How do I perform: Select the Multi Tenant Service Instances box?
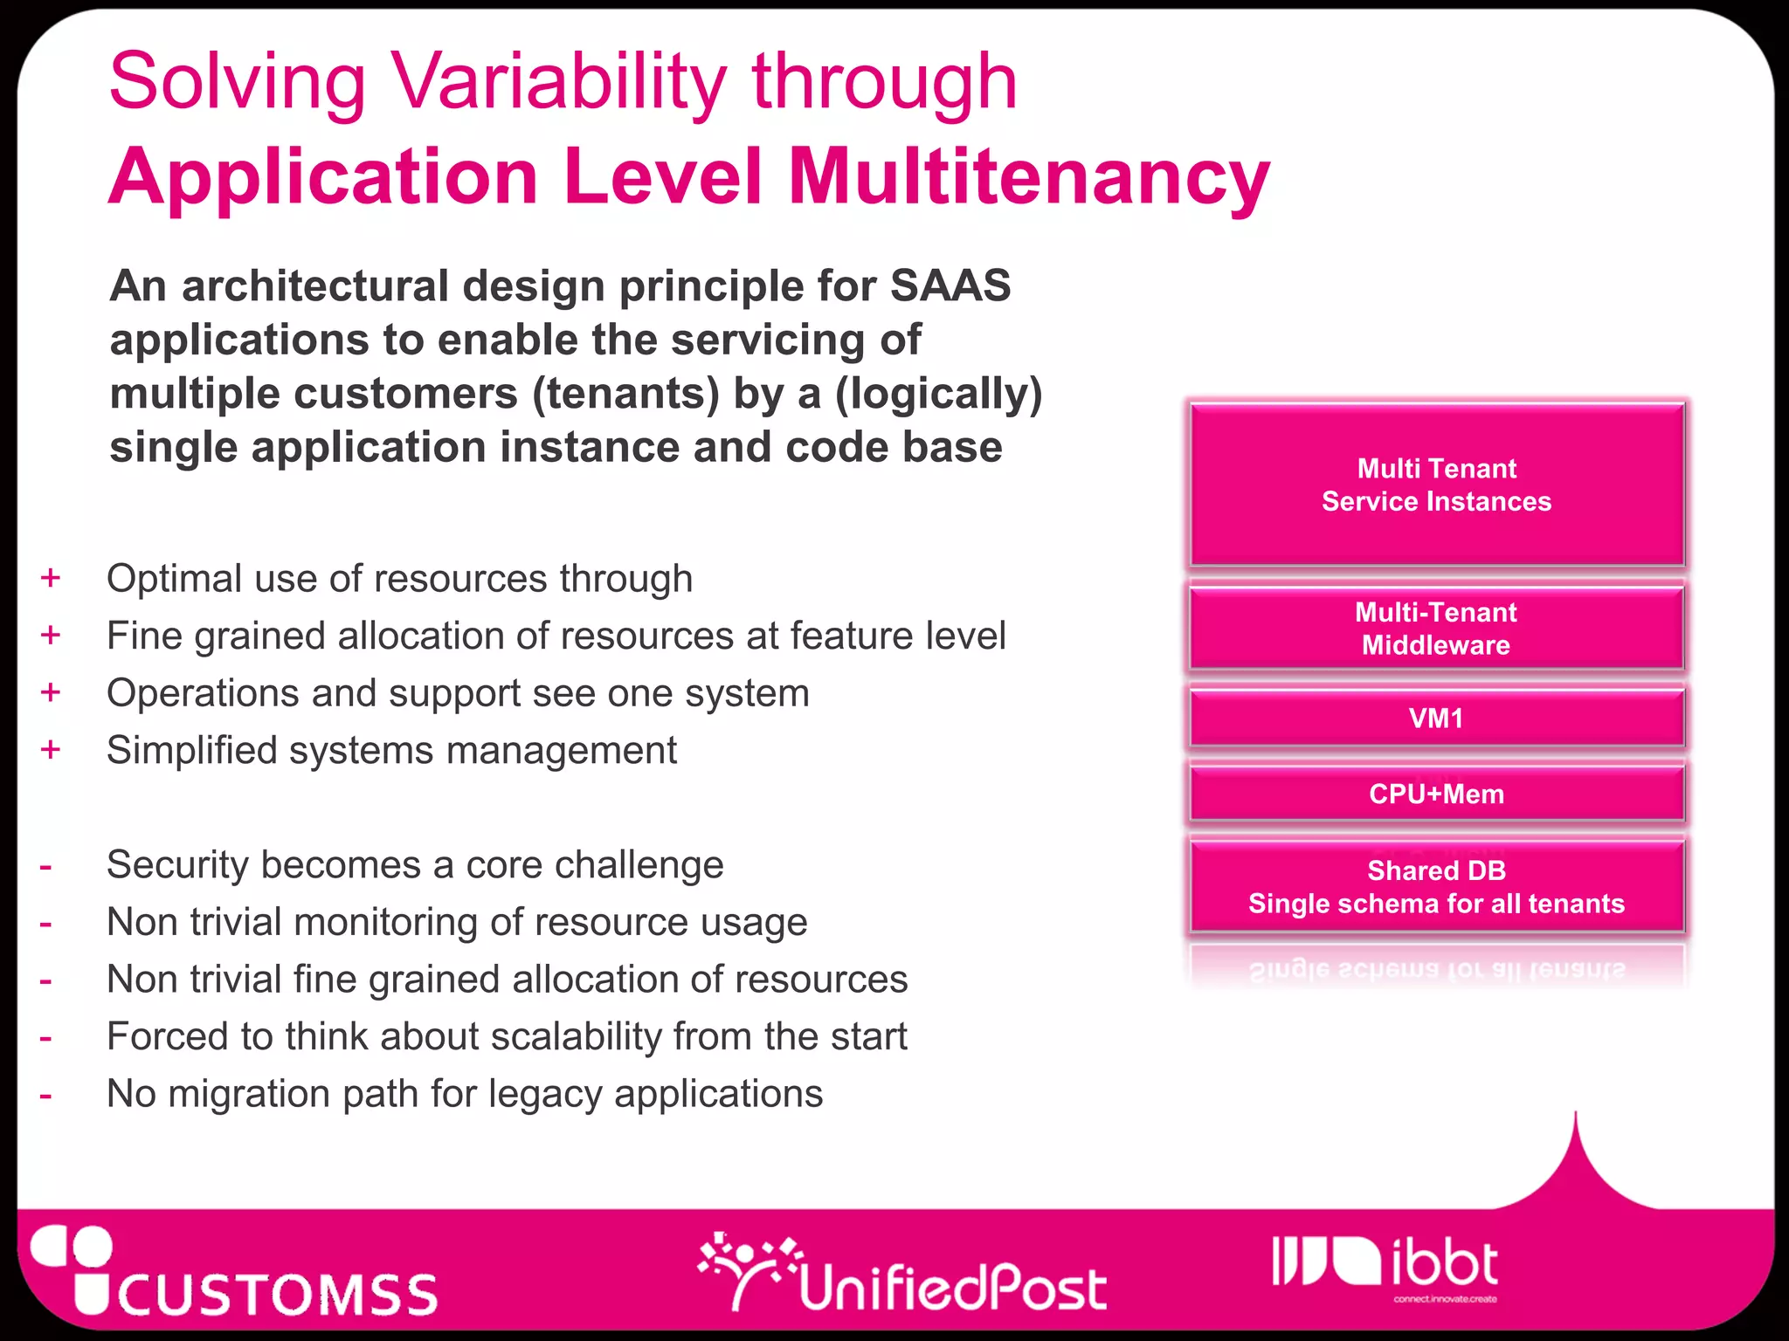(1436, 485)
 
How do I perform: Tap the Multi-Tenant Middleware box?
(1436, 629)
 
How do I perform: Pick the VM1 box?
(1436, 719)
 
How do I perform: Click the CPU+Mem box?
(1436, 794)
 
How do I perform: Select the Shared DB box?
(1436, 886)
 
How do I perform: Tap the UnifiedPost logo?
(903, 1276)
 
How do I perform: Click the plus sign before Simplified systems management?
(51, 750)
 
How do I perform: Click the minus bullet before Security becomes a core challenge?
(45, 868)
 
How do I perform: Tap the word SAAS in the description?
(950, 286)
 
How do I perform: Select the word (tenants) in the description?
(625, 394)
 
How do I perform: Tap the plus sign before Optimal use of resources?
(51, 578)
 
